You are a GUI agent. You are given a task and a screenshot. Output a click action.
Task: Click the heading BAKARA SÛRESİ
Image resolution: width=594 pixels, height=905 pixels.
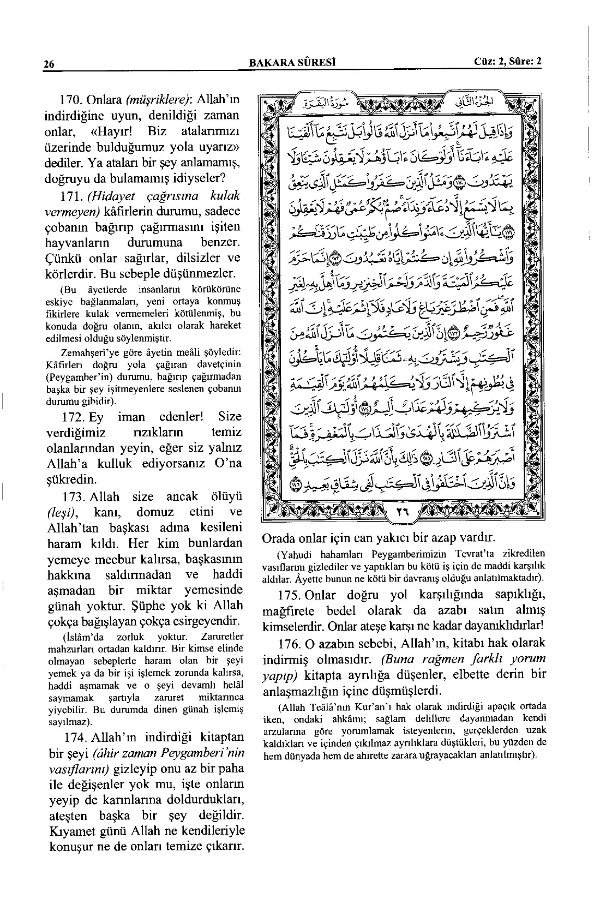tap(291, 62)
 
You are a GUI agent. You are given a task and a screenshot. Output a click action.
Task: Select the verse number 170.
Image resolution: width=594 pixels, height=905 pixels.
tap(70, 100)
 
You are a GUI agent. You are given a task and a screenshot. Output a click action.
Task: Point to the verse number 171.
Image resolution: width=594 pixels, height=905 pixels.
tap(70, 196)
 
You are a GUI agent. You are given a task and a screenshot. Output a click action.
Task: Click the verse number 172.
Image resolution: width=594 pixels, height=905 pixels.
tap(70, 417)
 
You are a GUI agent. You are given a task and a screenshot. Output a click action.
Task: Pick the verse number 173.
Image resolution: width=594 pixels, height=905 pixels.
tap(70, 497)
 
